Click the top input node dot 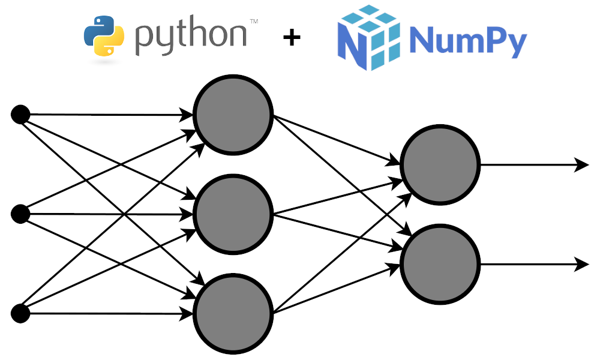[20, 114]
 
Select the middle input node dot [20, 214]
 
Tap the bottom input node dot [20, 313]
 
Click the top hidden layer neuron [233, 115]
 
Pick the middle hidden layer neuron [233, 214]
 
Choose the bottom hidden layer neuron [233, 313]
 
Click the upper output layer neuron [440, 164]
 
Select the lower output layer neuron [440, 263]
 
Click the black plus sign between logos [292, 38]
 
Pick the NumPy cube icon [369, 37]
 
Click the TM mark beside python [254, 22]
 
